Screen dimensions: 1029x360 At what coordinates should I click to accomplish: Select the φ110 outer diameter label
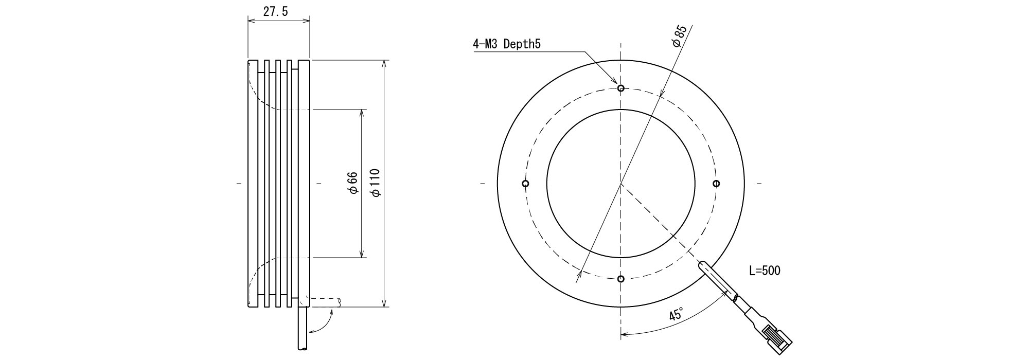[376, 183]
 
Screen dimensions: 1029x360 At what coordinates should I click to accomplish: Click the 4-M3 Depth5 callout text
[507, 44]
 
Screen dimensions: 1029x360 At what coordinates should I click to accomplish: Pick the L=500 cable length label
[765, 271]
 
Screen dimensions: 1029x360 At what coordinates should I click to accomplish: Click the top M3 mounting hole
[621, 88]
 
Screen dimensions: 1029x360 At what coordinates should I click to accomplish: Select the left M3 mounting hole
[525, 184]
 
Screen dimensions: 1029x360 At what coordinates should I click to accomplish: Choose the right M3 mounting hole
[716, 184]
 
